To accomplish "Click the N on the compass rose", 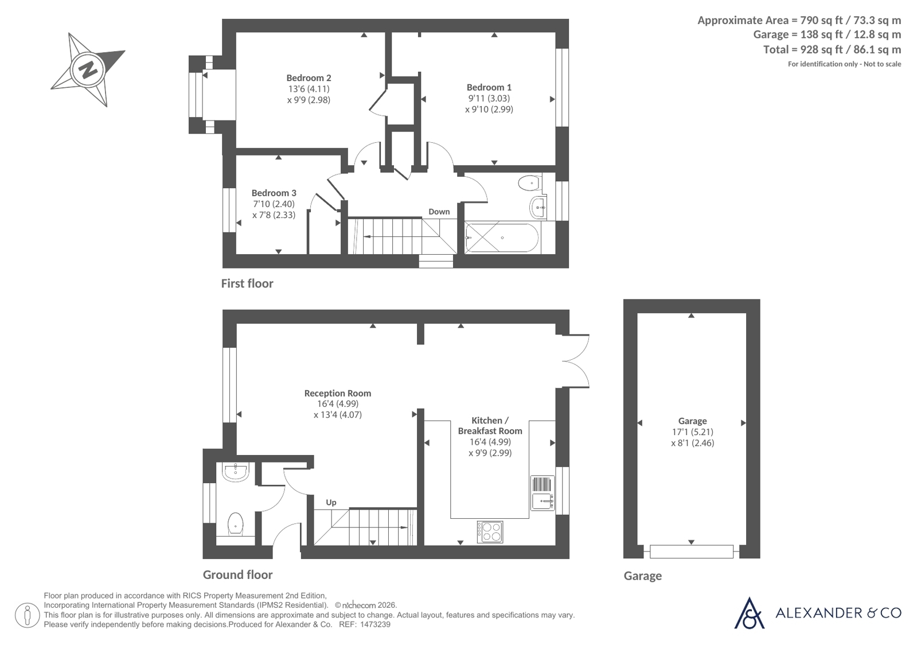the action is pyautogui.click(x=88, y=69).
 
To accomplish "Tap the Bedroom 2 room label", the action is pyautogui.click(x=309, y=78).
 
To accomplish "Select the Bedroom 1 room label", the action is pyautogui.click(x=489, y=87).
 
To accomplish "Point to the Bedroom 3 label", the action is pyautogui.click(x=274, y=193).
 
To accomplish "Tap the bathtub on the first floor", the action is pyautogui.click(x=501, y=237).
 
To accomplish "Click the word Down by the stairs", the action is pyautogui.click(x=439, y=212).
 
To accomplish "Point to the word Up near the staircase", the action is pyautogui.click(x=331, y=502).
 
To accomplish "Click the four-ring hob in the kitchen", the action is pyautogui.click(x=490, y=532).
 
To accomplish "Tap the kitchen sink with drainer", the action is pyautogui.click(x=543, y=493).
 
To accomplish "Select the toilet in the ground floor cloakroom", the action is pyautogui.click(x=235, y=523).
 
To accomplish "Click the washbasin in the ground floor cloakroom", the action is pyautogui.click(x=235, y=472).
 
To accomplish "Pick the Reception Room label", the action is pyautogui.click(x=338, y=393).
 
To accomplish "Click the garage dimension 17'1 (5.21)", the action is pyautogui.click(x=692, y=432).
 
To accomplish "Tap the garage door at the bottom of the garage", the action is pyautogui.click(x=692, y=551).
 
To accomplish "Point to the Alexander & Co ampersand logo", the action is pyautogui.click(x=749, y=613).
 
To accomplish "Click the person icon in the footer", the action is pyautogui.click(x=28, y=615).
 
